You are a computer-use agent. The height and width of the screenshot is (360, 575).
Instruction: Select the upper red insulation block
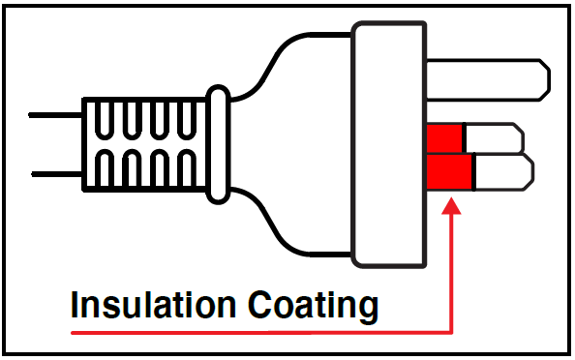pyautogui.click(x=444, y=135)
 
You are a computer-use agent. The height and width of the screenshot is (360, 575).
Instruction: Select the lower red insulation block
pyautogui.click(x=449, y=171)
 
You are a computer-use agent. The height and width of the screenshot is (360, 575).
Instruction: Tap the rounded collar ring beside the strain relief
pyautogui.click(x=220, y=145)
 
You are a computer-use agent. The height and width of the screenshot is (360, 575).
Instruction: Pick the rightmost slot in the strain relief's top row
pyautogui.click(x=190, y=120)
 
